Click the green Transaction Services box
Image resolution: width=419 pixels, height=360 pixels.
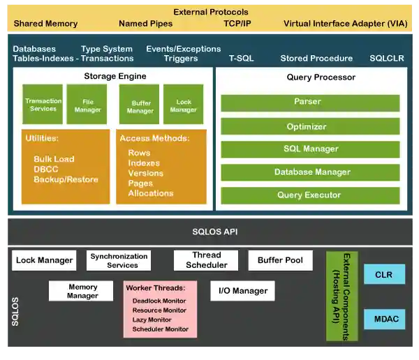click(x=43, y=105)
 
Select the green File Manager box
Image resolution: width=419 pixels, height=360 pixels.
click(x=87, y=105)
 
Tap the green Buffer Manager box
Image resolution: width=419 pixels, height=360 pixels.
click(x=140, y=105)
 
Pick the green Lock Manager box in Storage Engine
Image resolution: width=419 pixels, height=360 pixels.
click(x=183, y=105)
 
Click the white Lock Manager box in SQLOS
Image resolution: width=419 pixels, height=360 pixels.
click(x=44, y=260)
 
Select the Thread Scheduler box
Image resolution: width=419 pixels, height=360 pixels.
click(x=206, y=260)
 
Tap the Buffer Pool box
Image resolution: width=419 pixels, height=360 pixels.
click(x=280, y=260)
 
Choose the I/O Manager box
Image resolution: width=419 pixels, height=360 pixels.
click(x=242, y=290)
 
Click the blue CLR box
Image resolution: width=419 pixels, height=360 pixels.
click(x=384, y=275)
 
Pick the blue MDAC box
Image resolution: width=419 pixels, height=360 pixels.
click(x=384, y=320)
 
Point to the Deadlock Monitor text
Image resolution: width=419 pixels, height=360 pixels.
click(x=159, y=301)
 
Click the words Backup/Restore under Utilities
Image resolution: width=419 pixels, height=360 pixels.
click(x=64, y=180)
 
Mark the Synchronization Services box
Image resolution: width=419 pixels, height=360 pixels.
click(x=119, y=260)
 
